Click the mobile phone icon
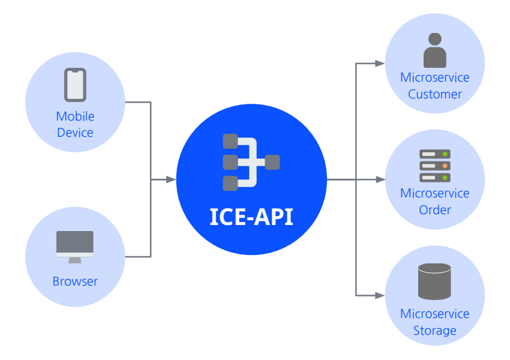[x=75, y=85]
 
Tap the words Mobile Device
[x=75, y=124]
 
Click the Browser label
[x=75, y=281]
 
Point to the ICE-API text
[x=251, y=216]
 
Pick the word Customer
[x=434, y=94]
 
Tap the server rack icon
[x=434, y=166]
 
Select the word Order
[x=434, y=210]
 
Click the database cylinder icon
[x=434, y=281]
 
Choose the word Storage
[x=434, y=331]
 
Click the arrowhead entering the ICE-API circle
[x=172, y=179]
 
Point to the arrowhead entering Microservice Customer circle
[x=380, y=63]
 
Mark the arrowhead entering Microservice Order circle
[x=380, y=179]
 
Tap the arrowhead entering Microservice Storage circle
[x=380, y=295]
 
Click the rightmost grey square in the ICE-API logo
[x=272, y=162]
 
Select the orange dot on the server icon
[x=445, y=166]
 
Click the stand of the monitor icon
[x=75, y=260]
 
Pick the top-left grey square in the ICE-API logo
[x=230, y=142]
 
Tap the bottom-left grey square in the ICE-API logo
[x=230, y=183]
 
